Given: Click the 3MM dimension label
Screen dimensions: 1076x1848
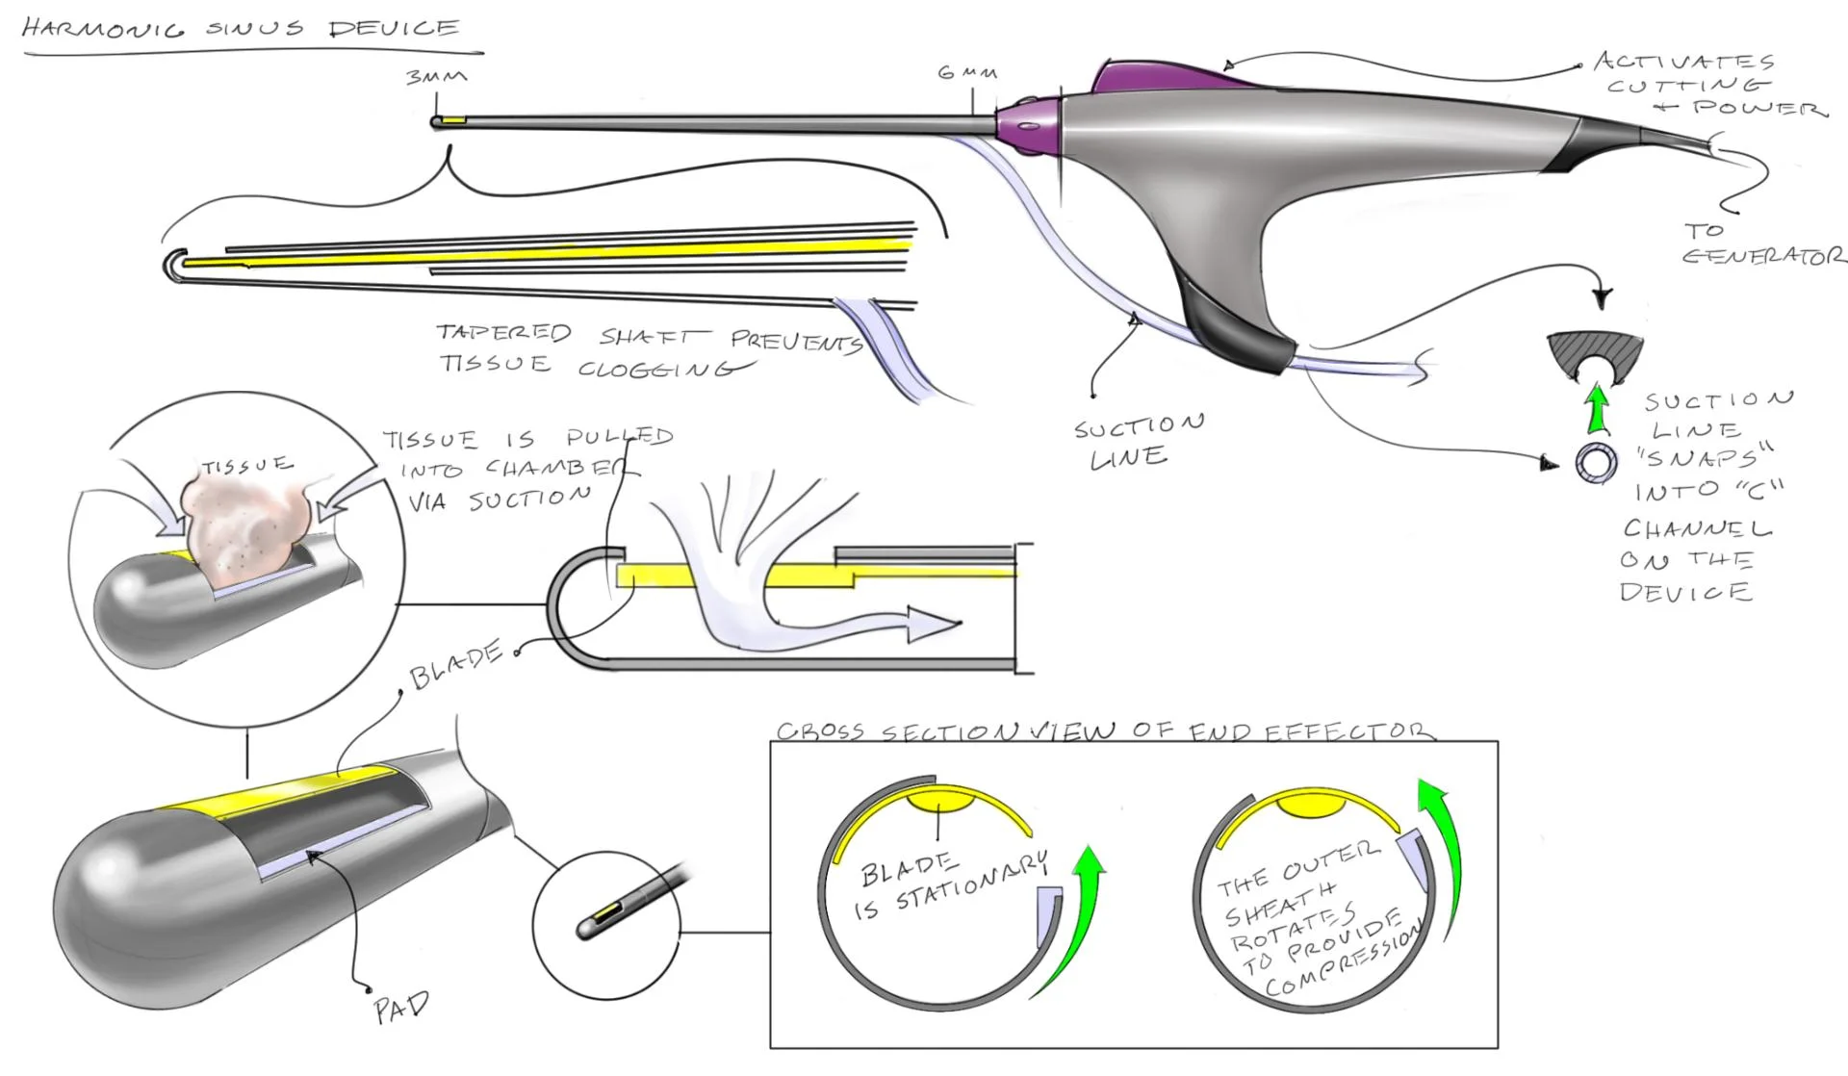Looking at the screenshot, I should coord(436,77).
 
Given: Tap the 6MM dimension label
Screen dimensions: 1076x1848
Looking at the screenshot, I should coord(967,72).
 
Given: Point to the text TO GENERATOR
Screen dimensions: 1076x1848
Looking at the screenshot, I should coord(1761,244).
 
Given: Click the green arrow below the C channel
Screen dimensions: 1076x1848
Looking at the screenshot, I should coord(1598,407).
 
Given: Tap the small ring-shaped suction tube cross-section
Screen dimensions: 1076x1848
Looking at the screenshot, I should coord(1597,463).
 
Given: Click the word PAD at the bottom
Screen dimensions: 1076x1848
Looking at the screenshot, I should coord(400,1008).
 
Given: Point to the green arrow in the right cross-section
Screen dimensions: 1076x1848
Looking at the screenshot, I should coord(1443,847).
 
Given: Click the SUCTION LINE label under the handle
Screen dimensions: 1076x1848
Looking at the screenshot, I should coord(1136,441).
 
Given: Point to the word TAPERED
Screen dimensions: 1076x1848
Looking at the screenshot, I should coord(503,333).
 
